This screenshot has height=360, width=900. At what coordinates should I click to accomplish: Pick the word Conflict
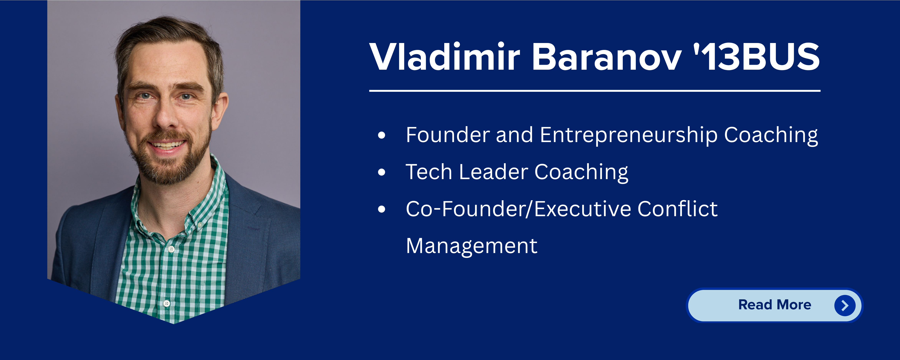coord(677,209)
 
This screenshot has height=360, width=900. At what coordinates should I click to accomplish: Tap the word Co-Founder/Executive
coord(519,209)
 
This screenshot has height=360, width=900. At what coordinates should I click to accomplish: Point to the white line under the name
coord(595,91)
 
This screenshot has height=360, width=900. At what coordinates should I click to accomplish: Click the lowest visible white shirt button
coord(167,303)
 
